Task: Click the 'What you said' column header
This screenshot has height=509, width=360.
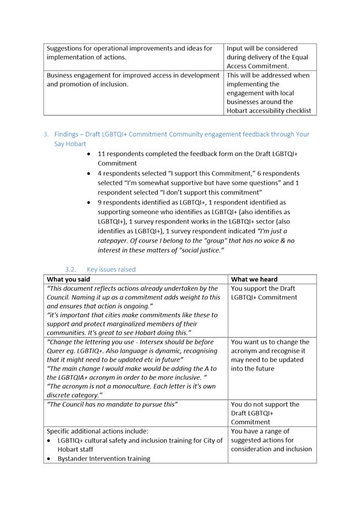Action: coord(68,279)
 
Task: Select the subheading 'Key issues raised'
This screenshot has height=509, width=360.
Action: coord(111,269)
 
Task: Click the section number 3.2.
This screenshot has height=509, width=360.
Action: coord(71,269)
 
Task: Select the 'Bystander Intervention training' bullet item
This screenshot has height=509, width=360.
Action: coord(104,458)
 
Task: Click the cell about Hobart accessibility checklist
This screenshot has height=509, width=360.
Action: coord(269,93)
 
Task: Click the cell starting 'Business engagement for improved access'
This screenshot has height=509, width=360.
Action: coord(133,79)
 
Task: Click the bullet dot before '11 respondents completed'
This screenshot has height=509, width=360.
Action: coord(88,155)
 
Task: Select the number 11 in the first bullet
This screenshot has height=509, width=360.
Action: coord(101,154)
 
